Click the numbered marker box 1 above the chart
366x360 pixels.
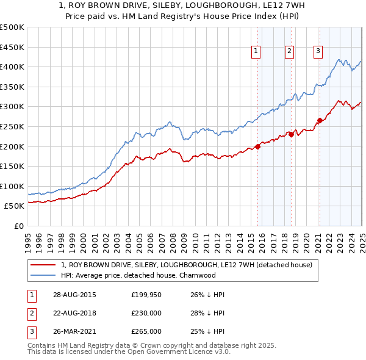256,51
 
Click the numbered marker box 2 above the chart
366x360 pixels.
289,51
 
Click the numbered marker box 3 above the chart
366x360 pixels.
318,51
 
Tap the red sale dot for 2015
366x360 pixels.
258,146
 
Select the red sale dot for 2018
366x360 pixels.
291,135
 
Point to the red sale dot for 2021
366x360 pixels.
320,120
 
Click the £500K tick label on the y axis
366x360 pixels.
12,27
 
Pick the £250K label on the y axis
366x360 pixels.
12,126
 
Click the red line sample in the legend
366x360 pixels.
43,265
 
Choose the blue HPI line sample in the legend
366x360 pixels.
43,275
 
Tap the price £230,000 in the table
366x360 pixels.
146,313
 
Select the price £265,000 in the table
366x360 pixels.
146,331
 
